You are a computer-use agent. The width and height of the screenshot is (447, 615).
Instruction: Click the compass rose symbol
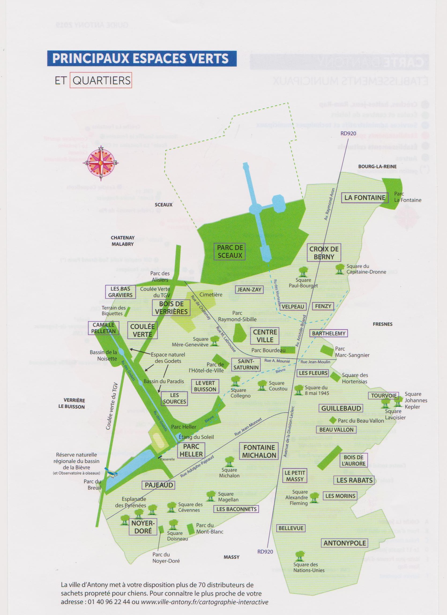point(101,163)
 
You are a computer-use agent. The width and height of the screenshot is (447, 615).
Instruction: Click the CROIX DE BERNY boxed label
point(324,253)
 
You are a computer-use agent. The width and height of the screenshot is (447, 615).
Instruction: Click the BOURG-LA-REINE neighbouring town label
point(377,166)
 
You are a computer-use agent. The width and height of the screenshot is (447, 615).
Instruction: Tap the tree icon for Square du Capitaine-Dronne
point(340,269)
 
